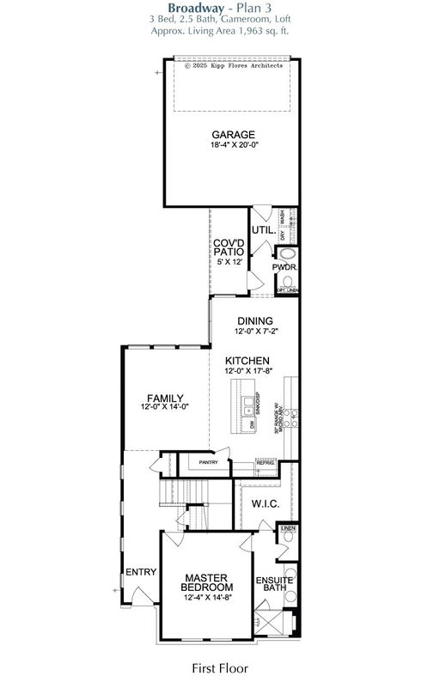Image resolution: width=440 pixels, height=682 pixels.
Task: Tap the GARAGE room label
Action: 234,134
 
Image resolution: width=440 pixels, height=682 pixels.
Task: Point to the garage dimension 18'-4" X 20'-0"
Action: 234,145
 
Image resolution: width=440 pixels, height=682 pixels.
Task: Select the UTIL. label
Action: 262,230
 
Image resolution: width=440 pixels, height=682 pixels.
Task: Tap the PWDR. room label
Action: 284,267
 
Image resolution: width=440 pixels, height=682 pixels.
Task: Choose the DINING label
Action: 254,321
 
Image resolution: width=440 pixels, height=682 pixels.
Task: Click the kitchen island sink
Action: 248,401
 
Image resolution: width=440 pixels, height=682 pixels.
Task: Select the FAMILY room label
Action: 165,398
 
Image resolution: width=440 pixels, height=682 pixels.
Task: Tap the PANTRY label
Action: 208,462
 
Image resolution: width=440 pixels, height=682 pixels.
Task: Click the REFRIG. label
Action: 265,463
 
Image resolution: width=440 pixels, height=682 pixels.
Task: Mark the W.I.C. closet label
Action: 266,503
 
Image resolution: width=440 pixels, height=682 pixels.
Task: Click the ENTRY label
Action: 140,571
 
